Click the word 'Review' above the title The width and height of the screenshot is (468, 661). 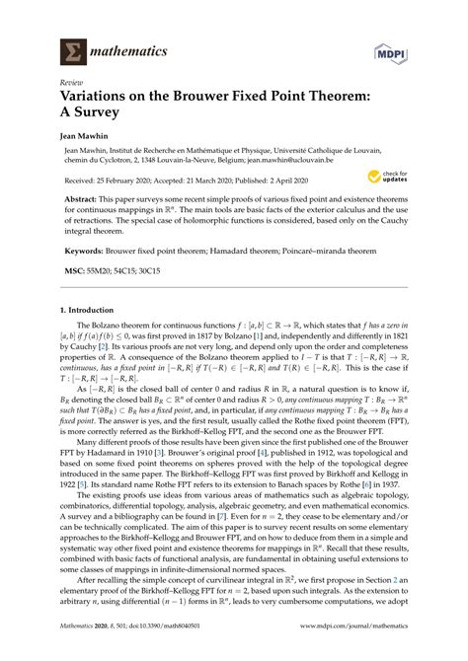(72, 84)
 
